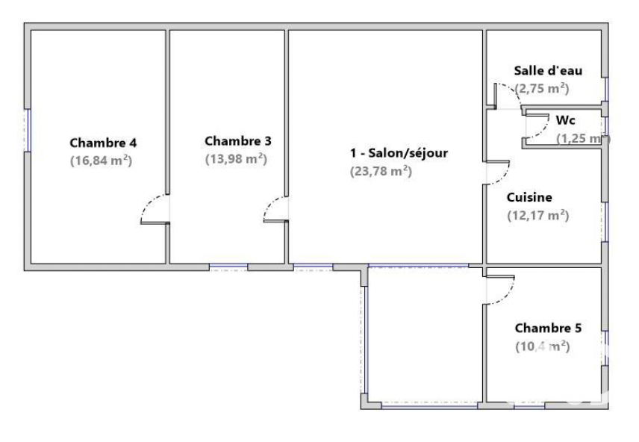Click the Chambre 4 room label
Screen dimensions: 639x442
point(103,143)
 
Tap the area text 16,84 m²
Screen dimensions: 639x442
point(101,161)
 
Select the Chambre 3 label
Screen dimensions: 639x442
point(238,141)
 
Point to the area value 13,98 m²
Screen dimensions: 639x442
point(237,158)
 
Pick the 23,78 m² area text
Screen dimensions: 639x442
point(381,171)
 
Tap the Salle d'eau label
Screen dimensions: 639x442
point(548,70)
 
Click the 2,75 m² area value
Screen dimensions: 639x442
point(542,88)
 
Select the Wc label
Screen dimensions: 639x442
point(565,120)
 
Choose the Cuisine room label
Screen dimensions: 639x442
point(529,197)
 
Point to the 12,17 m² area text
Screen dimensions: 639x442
point(538,215)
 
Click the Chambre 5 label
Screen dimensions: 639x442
point(548,328)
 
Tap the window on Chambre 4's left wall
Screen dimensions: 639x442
point(28,130)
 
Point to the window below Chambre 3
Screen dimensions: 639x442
point(228,267)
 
